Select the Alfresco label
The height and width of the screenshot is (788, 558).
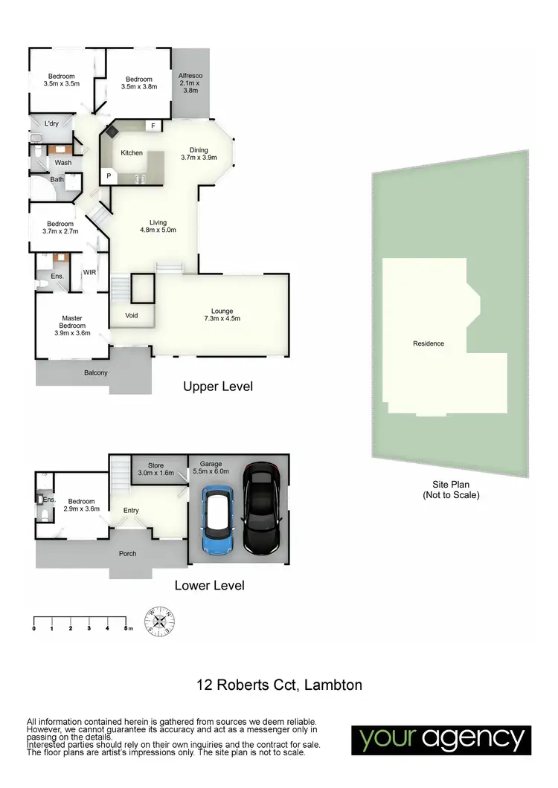(190, 83)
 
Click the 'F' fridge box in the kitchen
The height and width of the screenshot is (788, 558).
(153, 126)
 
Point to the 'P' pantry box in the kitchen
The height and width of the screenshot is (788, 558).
(109, 176)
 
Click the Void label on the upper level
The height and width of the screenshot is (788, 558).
(131, 315)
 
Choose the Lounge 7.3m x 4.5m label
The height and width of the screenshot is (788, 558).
(222, 314)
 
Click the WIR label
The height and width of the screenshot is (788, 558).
(90, 272)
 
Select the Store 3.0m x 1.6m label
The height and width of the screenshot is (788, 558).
(155, 469)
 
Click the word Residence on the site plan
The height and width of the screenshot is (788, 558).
(429, 343)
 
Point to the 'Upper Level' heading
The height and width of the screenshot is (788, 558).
(218, 387)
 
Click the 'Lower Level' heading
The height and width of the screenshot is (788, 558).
(209, 585)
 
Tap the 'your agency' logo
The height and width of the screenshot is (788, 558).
(442, 739)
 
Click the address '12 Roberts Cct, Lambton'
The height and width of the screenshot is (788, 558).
(279, 685)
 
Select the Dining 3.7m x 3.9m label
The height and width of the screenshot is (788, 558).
(199, 154)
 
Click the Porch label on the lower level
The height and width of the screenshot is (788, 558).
(128, 554)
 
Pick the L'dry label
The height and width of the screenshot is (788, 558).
(51, 123)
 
